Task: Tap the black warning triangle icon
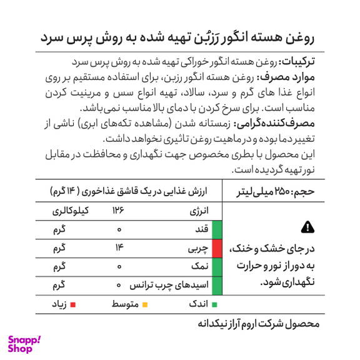pyautogui.click(x=307, y=226)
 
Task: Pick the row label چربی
pyautogui.click(x=197, y=249)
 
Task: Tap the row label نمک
pyautogui.click(x=199, y=267)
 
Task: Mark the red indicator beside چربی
pyautogui.click(x=217, y=249)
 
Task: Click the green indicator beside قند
pyautogui.click(x=217, y=230)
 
